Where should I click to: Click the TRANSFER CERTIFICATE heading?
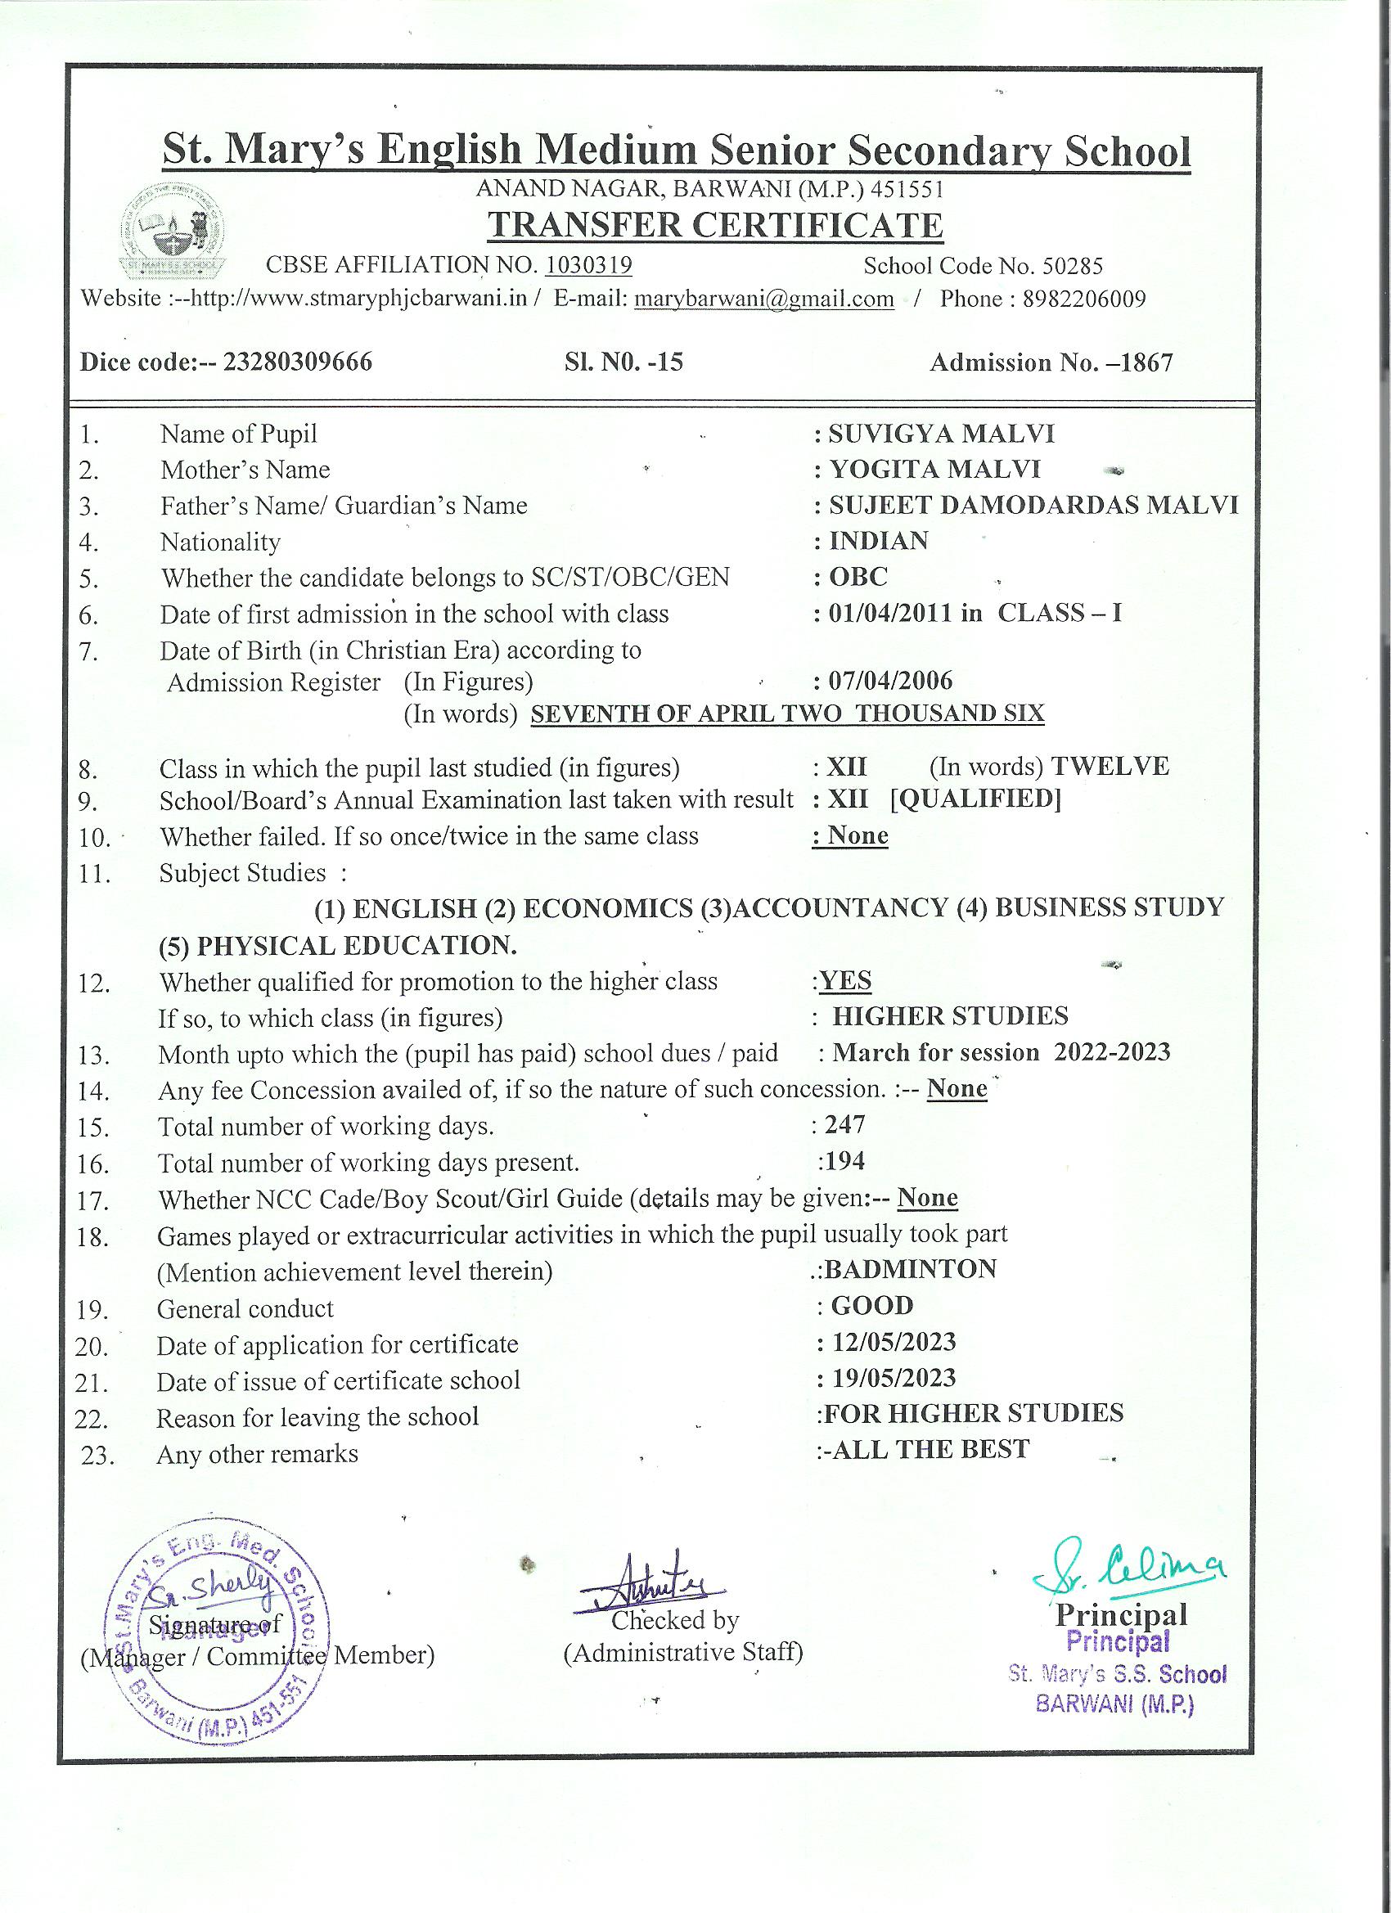coord(715,225)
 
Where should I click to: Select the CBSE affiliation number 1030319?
coord(588,266)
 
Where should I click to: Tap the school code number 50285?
coord(1072,267)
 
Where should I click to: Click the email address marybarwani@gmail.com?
coord(763,299)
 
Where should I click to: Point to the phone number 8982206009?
coord(1084,299)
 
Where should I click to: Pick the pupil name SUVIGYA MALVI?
coord(942,434)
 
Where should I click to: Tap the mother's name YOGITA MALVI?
coord(934,469)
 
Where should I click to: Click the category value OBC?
coord(858,577)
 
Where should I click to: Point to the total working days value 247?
coord(846,1124)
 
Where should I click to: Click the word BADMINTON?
coord(911,1268)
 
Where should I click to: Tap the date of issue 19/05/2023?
coord(894,1378)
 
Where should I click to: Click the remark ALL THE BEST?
coord(930,1449)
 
